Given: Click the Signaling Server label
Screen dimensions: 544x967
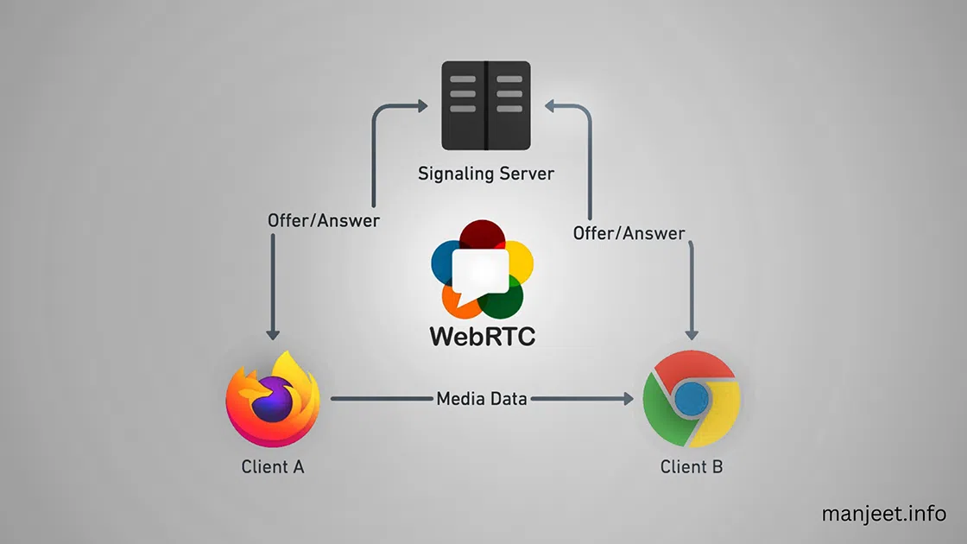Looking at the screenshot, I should pyautogui.click(x=485, y=174).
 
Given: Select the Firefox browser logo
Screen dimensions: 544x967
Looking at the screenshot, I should pyautogui.click(x=273, y=399).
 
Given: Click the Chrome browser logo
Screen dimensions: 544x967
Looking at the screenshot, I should pyautogui.click(x=692, y=399).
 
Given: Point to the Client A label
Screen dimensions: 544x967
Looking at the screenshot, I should pyautogui.click(x=273, y=467).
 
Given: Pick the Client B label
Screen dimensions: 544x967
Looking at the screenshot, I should pyautogui.click(x=692, y=467).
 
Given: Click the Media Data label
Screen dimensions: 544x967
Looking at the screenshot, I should pyautogui.click(x=482, y=399).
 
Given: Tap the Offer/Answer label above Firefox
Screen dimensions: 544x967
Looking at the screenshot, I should pyautogui.click(x=324, y=220).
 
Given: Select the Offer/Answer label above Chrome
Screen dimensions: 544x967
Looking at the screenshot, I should pyautogui.click(x=629, y=233).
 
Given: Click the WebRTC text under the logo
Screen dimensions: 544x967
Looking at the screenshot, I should pyautogui.click(x=483, y=335).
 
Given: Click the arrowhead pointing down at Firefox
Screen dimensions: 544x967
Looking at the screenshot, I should pyautogui.click(x=273, y=333).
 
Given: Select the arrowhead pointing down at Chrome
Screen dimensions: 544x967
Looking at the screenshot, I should pyautogui.click(x=692, y=333).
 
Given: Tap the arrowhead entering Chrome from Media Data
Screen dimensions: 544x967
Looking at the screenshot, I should pyautogui.click(x=627, y=399).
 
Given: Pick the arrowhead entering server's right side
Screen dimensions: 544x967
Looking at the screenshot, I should pyautogui.click(x=549, y=105).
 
